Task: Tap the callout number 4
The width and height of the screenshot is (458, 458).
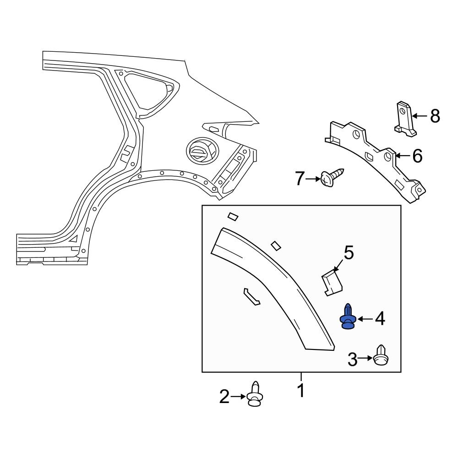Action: (380, 319)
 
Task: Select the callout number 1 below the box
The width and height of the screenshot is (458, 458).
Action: (301, 391)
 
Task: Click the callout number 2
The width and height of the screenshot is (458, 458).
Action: (224, 397)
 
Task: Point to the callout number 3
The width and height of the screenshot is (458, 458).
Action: (352, 360)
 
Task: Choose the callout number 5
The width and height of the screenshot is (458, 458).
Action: (349, 252)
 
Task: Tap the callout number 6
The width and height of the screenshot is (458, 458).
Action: (417, 156)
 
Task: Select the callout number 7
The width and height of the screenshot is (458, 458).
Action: (300, 179)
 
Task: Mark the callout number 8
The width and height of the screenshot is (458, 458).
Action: (435, 116)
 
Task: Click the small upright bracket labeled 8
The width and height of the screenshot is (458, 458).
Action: (405, 119)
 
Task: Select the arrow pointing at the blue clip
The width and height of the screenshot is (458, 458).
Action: (365, 319)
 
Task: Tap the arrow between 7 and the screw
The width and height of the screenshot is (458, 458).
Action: (314, 179)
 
